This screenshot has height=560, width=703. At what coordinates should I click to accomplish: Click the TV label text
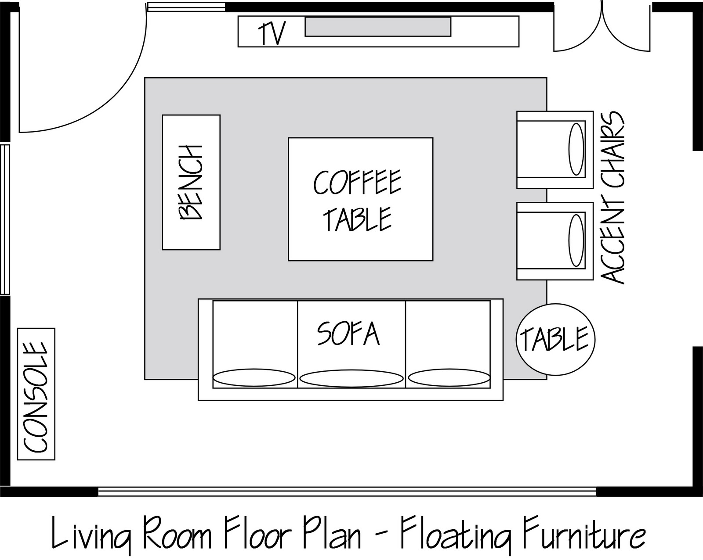272,33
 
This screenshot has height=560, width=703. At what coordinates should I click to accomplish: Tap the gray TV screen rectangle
378,27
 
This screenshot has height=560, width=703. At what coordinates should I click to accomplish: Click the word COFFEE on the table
357,183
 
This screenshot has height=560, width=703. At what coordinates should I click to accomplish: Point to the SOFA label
348,334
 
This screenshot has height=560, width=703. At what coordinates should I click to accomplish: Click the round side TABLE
555,339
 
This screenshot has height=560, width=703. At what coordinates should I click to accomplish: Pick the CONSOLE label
36,397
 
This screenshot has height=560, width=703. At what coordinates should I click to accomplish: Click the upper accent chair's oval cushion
576,150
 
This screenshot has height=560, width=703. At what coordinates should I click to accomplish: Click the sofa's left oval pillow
254,377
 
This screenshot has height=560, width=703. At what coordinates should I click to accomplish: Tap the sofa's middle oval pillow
351,379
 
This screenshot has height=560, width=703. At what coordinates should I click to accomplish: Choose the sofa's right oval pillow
449,377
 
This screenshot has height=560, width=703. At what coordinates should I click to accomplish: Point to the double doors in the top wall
602,26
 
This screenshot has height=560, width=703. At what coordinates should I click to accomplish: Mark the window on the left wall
5,219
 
